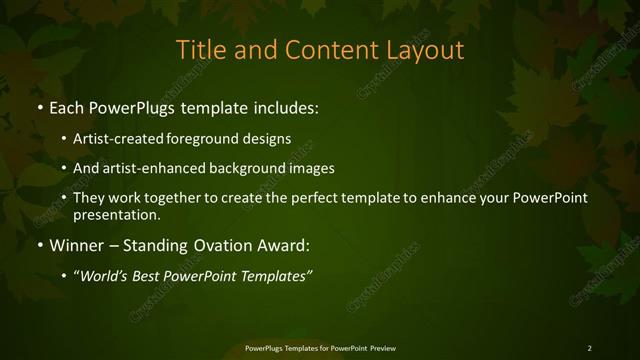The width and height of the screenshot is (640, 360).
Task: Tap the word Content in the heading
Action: (327, 49)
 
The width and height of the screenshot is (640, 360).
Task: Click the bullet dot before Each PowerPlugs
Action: (38, 105)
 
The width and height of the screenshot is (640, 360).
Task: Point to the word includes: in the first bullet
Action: (287, 105)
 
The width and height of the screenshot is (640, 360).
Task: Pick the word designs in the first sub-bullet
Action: (268, 139)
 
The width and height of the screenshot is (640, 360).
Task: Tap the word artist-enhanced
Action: (153, 169)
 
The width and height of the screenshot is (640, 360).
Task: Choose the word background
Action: (248, 169)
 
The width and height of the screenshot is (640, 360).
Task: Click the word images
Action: (312, 169)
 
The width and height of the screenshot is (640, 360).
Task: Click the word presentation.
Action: (116, 214)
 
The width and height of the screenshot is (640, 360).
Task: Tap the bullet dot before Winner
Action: (38, 244)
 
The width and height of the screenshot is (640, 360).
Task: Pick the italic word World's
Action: (104, 276)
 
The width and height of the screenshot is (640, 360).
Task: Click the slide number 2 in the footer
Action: (589, 348)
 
